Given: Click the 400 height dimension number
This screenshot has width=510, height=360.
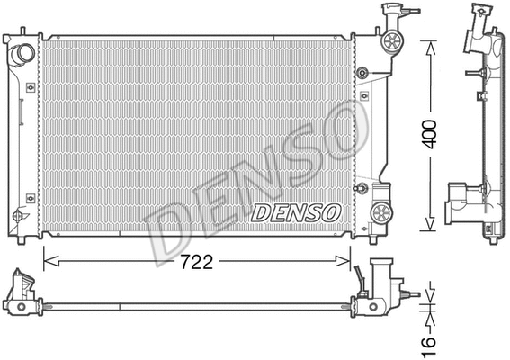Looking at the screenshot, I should click(433, 136).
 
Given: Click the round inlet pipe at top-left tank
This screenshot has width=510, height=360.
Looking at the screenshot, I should click(22, 56).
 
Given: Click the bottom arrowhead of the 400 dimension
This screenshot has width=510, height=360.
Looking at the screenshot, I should click(433, 229).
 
